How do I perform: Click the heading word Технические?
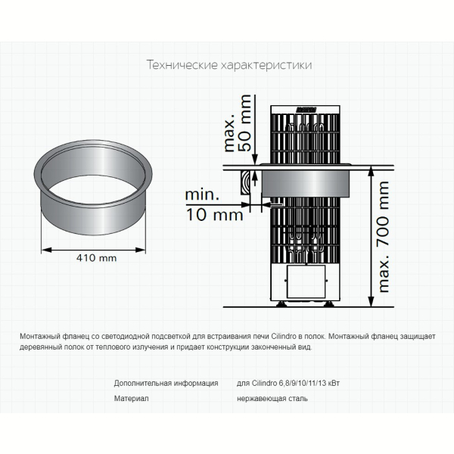click(182, 65)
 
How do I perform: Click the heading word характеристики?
click(266, 65)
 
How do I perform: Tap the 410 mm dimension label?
click(96, 258)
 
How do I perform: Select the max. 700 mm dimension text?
click(383, 237)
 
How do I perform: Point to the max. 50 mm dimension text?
click(238, 123)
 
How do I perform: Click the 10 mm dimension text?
click(214, 215)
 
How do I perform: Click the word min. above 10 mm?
click(202, 195)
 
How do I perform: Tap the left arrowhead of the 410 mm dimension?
click(46, 250)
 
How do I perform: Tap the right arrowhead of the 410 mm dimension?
click(141, 250)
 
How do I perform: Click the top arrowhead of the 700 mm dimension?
click(371, 171)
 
